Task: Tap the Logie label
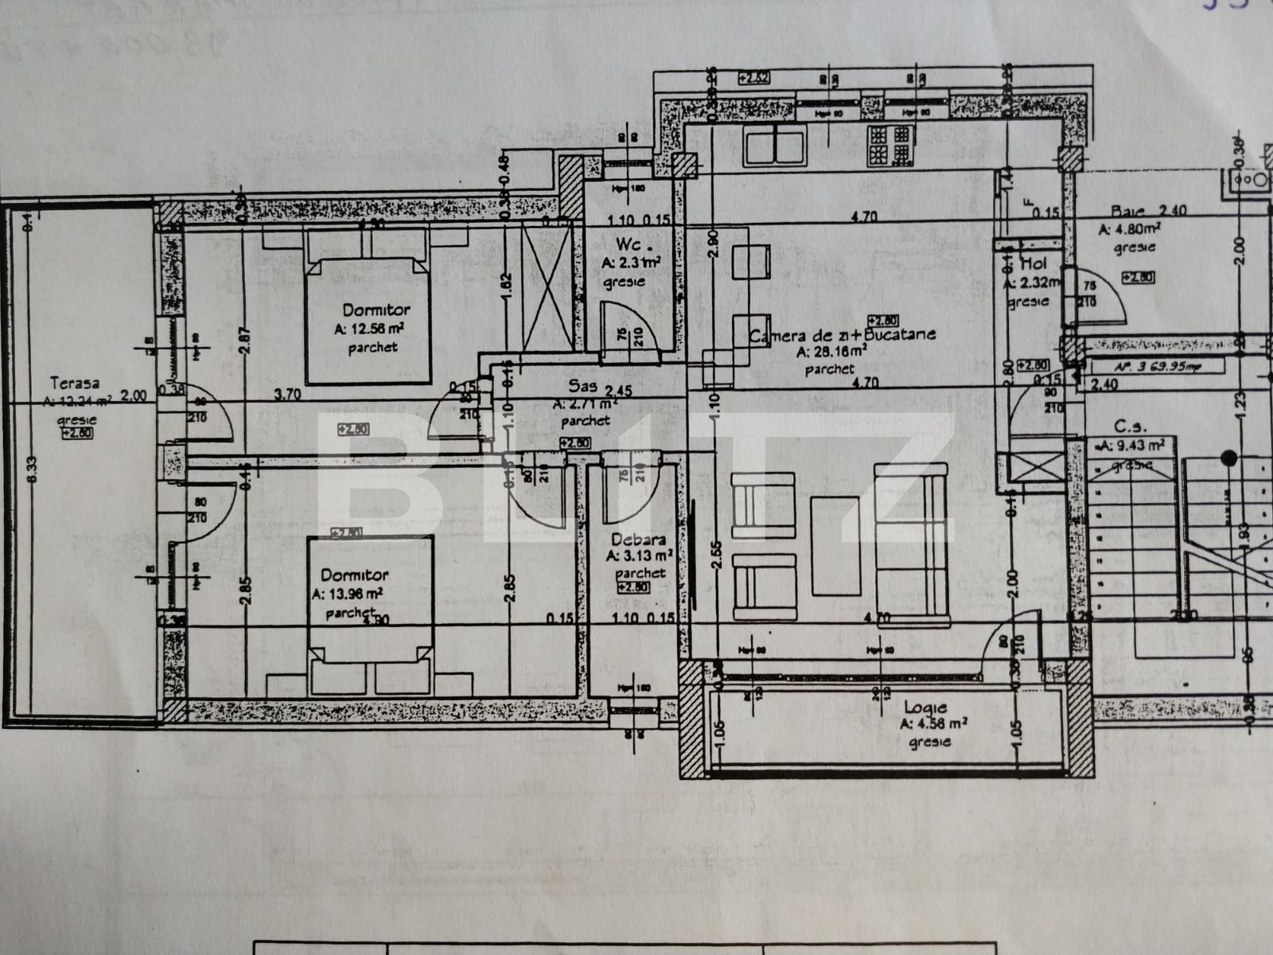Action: coord(925,707)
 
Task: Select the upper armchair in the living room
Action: coord(763,506)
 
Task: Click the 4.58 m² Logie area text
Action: coord(933,724)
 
